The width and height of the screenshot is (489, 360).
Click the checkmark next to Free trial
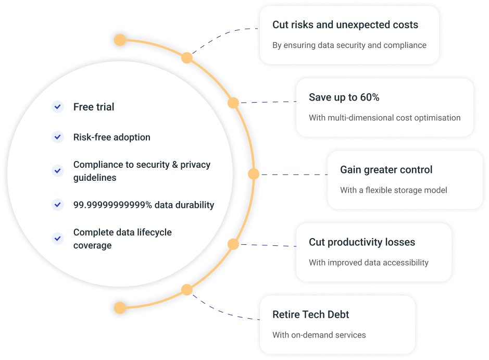[x=57, y=107]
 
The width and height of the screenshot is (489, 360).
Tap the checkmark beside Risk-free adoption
[x=57, y=137]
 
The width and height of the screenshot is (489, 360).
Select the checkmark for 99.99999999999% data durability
[x=57, y=205]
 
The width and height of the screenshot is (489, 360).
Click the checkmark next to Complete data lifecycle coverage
[x=57, y=238]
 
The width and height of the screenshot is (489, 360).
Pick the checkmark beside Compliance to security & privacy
[x=57, y=170]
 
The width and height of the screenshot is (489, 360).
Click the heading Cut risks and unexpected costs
[x=345, y=25]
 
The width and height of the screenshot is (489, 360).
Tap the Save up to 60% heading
[x=344, y=97]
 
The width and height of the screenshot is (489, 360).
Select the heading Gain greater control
[x=386, y=170]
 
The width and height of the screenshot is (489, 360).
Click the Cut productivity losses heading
[x=362, y=242]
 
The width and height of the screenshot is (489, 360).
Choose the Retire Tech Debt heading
[x=311, y=315]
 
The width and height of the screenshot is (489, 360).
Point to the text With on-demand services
[x=319, y=334]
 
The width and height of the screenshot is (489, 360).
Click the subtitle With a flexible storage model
[x=394, y=190]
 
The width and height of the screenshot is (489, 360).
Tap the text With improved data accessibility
[x=369, y=263]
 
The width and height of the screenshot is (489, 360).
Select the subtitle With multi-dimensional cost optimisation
[x=384, y=118]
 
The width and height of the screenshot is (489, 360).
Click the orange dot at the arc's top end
[x=120, y=40]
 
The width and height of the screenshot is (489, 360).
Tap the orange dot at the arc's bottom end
[x=120, y=307]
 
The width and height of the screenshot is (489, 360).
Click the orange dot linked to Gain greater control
[x=254, y=174]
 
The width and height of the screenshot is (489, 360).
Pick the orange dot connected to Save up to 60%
[x=233, y=103]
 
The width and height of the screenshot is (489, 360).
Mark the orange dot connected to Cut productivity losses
[x=233, y=244]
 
